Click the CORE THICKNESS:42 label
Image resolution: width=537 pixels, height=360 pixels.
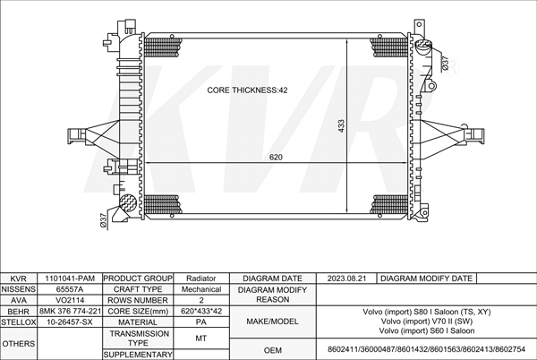(x=247, y=90)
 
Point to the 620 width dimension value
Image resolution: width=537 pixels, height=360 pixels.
(x=277, y=158)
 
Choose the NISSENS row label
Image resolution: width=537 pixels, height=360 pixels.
(x=19, y=289)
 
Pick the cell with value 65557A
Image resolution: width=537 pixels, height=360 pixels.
(x=70, y=289)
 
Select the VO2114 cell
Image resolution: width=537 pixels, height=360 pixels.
(x=70, y=300)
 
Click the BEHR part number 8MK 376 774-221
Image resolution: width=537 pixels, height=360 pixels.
(x=70, y=311)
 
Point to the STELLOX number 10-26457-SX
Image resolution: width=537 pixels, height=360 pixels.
(x=70, y=321)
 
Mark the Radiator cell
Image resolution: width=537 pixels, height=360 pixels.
(x=201, y=279)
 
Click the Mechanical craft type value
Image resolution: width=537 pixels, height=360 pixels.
(x=201, y=289)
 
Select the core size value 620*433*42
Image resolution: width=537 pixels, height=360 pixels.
(x=201, y=311)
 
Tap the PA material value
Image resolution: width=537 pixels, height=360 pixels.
(x=201, y=321)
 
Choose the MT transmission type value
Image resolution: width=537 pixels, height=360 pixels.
(x=201, y=338)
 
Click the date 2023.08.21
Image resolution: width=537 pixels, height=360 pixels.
(x=347, y=279)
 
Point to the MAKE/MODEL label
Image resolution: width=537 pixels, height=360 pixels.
(x=272, y=321)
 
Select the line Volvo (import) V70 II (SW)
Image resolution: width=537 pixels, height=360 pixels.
(x=426, y=321)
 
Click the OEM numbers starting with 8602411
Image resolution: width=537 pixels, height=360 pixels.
(x=426, y=348)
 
